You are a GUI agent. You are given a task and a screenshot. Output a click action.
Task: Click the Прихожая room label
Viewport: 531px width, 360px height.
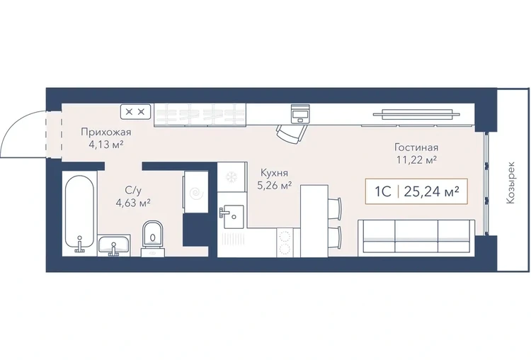(105, 133)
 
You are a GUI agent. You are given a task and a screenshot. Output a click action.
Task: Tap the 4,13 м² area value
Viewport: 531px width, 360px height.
(105, 145)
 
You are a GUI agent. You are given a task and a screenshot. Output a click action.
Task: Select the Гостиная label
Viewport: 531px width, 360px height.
(416, 147)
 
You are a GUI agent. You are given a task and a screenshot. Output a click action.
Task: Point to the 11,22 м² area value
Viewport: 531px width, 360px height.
(416, 159)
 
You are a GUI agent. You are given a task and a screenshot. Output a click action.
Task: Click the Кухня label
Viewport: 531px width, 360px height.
(274, 173)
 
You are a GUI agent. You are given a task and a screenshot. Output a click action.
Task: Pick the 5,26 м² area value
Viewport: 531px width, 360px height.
(275, 186)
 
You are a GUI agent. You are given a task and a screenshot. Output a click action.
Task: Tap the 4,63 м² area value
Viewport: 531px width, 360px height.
(133, 203)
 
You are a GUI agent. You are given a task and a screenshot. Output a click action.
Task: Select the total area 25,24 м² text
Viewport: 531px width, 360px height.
(432, 191)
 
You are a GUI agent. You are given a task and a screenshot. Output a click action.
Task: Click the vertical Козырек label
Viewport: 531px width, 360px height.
(510, 182)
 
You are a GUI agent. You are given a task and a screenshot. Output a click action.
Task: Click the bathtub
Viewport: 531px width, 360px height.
(79, 213)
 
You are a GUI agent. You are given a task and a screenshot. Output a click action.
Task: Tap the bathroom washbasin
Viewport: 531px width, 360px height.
(114, 244)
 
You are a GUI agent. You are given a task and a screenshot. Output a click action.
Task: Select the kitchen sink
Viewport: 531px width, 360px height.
(233, 216)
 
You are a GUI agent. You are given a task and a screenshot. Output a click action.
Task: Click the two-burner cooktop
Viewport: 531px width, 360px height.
(285, 242)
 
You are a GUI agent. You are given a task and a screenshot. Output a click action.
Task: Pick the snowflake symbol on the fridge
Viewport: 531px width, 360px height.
(232, 176)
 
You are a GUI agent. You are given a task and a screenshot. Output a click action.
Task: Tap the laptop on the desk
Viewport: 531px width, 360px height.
(300, 113)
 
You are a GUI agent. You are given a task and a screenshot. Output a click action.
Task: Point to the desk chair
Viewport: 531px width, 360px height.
(291, 134)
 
